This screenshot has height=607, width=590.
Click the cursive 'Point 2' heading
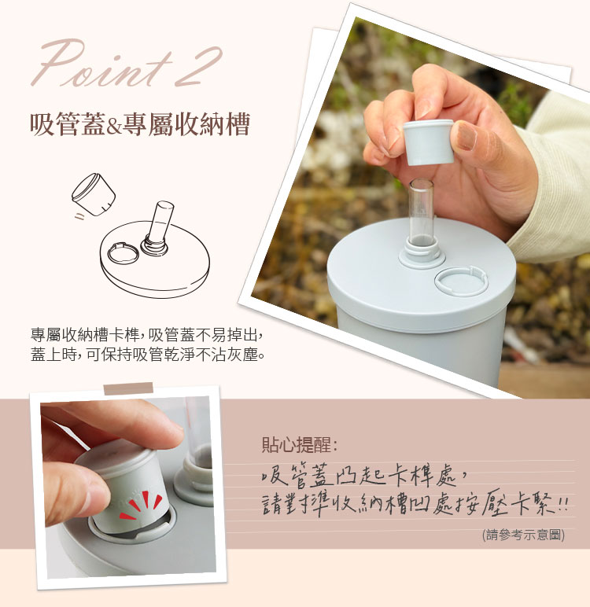click(x=127, y=64)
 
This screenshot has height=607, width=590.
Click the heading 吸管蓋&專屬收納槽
click(x=140, y=124)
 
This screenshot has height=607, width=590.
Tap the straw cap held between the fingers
click(x=429, y=142)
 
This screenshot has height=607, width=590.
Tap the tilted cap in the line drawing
click(x=94, y=194)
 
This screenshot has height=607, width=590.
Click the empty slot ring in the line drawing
click(x=124, y=253)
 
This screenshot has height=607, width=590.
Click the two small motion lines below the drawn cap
click(x=79, y=216)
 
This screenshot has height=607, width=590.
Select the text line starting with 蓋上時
click(x=148, y=354)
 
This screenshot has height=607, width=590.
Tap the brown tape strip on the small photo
click(x=128, y=388)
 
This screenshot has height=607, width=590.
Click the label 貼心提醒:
click(x=299, y=445)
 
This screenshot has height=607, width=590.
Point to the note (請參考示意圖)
click(x=523, y=535)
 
